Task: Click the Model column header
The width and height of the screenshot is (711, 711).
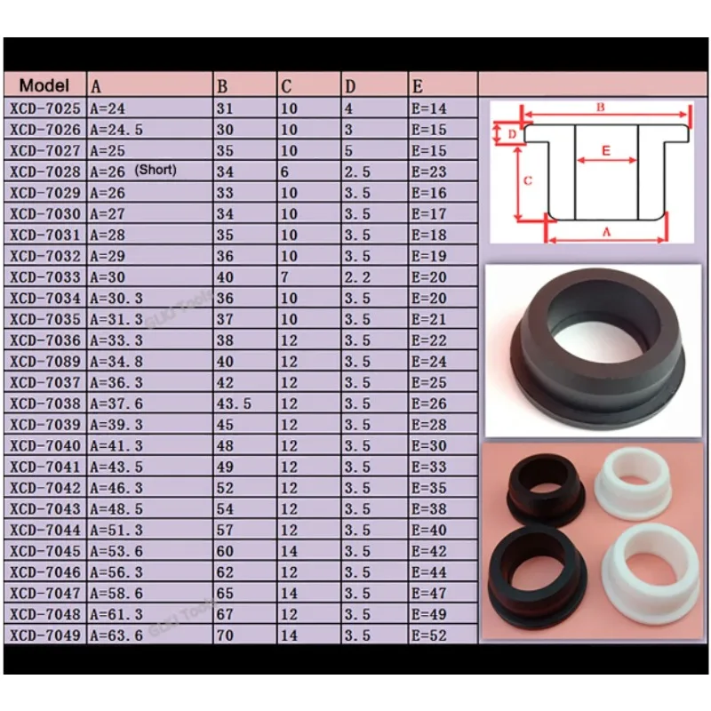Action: pyautogui.click(x=44, y=86)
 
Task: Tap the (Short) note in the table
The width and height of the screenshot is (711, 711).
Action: pyautogui.click(x=156, y=171)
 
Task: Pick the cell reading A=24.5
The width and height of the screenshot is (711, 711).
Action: pyautogui.click(x=116, y=130)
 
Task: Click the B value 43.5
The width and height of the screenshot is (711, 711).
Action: pyautogui.click(x=235, y=403)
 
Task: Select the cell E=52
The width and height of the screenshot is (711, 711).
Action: pyautogui.click(x=428, y=635)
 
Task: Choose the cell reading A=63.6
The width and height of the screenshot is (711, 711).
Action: pyautogui.click(x=116, y=635)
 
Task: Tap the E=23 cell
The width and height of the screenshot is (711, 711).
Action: pyautogui.click(x=428, y=172)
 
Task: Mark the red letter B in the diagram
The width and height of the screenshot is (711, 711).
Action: pyautogui.click(x=601, y=108)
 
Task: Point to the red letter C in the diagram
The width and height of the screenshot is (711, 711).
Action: pyautogui.click(x=527, y=180)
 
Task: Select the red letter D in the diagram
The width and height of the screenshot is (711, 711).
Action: pyautogui.click(x=512, y=134)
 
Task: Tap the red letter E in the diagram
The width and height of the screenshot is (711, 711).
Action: pyautogui.click(x=606, y=151)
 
